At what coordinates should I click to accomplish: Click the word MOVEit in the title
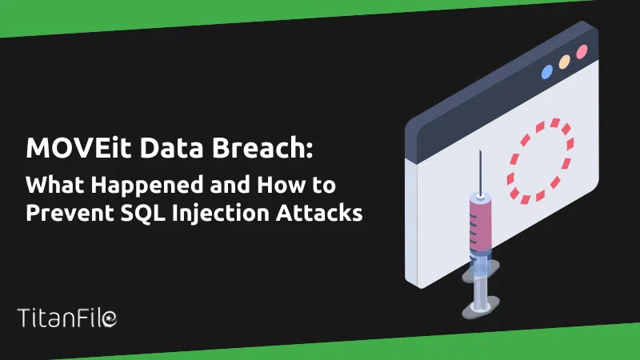point(78,147)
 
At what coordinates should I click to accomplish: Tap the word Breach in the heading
point(258,147)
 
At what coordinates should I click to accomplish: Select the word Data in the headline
point(171,147)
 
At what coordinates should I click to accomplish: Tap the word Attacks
point(319,213)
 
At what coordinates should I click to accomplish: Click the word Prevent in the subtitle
point(70,213)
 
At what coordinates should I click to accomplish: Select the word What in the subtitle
point(54,185)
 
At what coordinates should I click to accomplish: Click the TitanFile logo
point(67,318)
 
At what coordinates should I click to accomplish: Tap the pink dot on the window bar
point(582,52)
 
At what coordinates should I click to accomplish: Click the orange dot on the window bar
point(565,62)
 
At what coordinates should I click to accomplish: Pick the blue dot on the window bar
point(547,72)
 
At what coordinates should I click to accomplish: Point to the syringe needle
point(481,172)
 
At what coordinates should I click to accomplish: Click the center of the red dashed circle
point(540,161)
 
